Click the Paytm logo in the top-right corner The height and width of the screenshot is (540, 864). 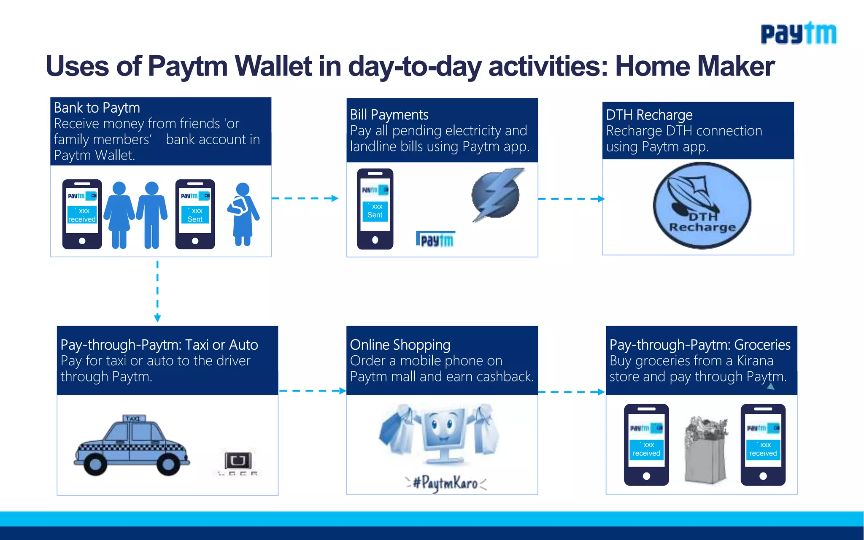click(798, 34)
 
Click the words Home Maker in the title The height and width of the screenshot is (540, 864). click(694, 67)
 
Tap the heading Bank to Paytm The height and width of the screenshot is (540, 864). click(97, 108)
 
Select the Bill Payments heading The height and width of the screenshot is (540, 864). click(389, 115)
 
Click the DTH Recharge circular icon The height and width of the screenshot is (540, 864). click(702, 206)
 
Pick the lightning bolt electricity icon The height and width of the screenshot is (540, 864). click(497, 194)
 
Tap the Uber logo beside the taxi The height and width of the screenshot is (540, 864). click(238, 463)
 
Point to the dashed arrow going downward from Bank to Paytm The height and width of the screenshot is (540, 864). click(157, 291)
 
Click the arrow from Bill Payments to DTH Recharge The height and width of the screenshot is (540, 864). click(571, 199)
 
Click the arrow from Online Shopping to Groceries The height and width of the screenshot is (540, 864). click(571, 392)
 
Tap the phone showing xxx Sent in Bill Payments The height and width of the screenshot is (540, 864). click(375, 209)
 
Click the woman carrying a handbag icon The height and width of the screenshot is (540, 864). click(243, 214)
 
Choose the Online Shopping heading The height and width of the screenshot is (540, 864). click(400, 345)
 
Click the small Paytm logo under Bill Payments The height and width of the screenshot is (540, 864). click(436, 240)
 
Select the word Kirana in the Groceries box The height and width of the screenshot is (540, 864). click(755, 361)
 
